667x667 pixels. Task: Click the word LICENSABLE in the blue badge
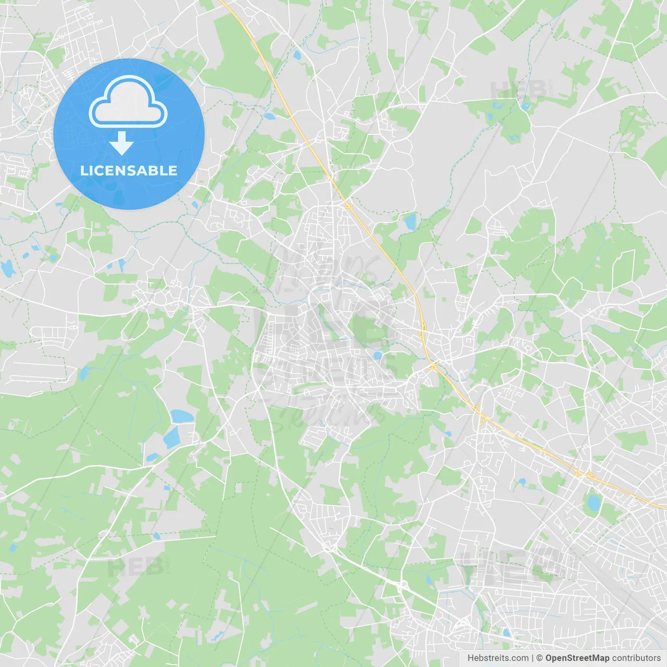pyautogui.click(x=129, y=170)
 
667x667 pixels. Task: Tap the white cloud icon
pyautogui.click(x=128, y=102)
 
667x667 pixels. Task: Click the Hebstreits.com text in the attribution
pyautogui.click(x=498, y=658)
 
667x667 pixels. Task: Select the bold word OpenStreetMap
pyautogui.click(x=577, y=658)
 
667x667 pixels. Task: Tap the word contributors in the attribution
pyautogui.click(x=636, y=658)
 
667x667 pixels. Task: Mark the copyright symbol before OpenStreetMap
pyautogui.click(x=540, y=658)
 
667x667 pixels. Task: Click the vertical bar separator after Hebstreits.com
pyautogui.click(x=533, y=658)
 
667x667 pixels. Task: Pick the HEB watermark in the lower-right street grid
pyautogui.click(x=513, y=565)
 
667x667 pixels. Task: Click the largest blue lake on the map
pyautogui.click(x=181, y=416)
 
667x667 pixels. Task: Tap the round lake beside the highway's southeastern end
pyautogui.click(x=594, y=503)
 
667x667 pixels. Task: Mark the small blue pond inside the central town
pyautogui.click(x=377, y=355)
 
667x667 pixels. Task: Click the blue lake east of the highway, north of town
pyautogui.click(x=411, y=223)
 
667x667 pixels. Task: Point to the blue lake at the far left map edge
pyautogui.click(x=8, y=269)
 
